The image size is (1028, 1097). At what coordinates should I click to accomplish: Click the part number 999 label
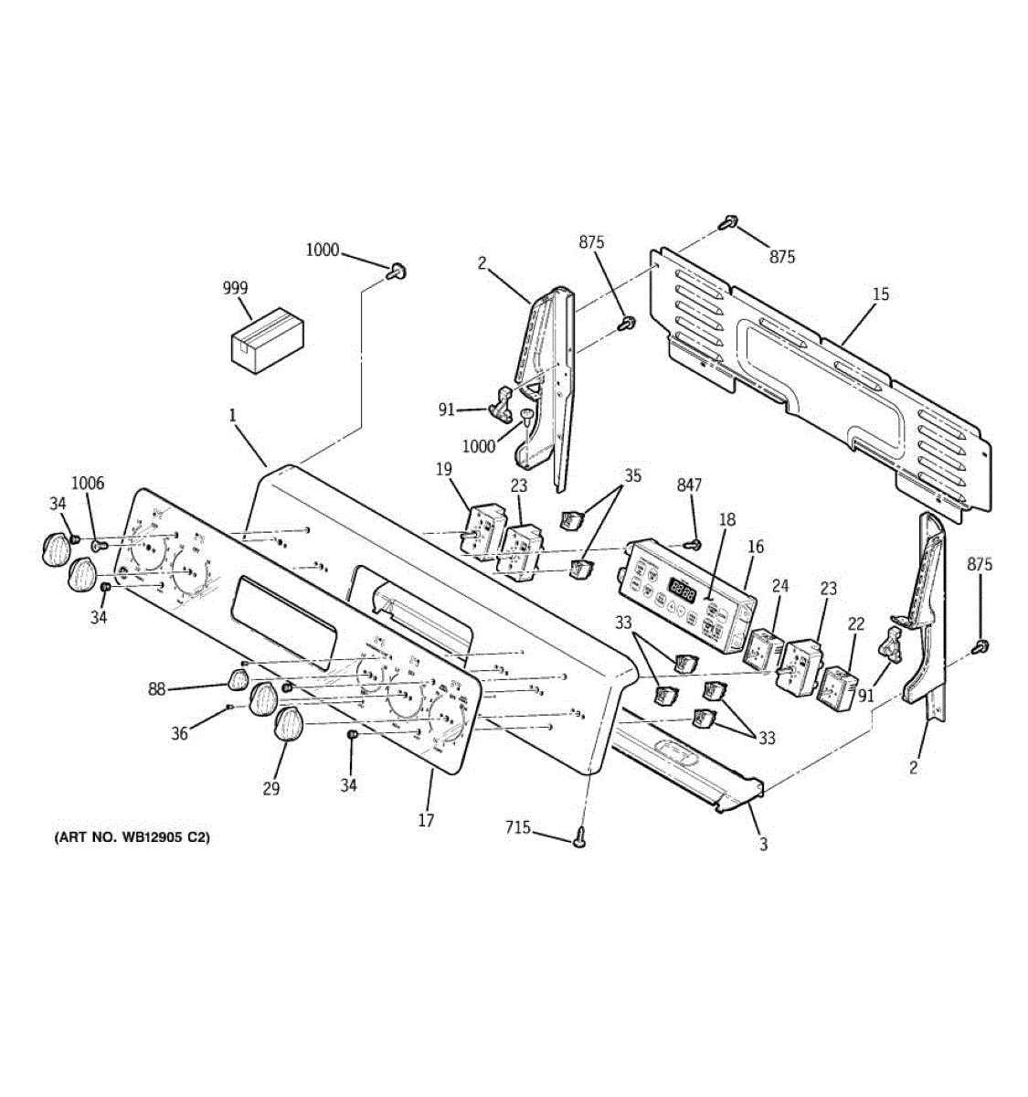point(235,288)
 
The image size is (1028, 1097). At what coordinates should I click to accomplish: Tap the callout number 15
point(880,294)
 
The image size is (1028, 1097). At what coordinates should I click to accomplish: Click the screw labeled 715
point(579,837)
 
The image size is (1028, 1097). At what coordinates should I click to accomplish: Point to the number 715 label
point(518,828)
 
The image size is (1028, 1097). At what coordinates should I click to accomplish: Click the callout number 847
point(689,485)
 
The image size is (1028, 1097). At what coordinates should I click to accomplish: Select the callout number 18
point(726,519)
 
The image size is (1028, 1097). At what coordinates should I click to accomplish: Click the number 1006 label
point(89,483)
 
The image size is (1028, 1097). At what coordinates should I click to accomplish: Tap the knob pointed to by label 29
point(290,724)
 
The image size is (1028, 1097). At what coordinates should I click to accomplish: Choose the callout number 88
point(157,688)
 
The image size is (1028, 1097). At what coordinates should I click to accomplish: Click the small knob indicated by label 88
point(237,678)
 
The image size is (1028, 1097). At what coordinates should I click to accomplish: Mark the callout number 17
point(426,820)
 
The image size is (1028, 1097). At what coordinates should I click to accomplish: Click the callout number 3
point(763,845)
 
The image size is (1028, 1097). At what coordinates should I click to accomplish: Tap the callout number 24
point(779,585)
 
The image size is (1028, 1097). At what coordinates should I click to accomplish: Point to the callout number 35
point(632,475)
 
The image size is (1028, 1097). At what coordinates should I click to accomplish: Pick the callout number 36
point(180,733)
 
